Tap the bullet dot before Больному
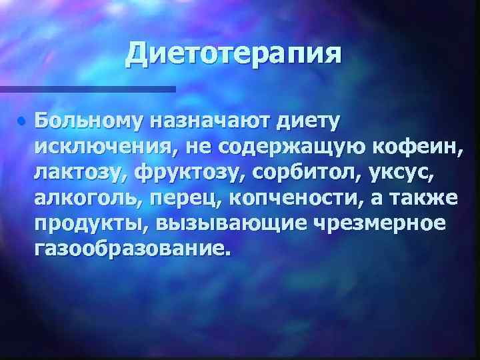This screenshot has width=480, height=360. click(22, 122)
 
